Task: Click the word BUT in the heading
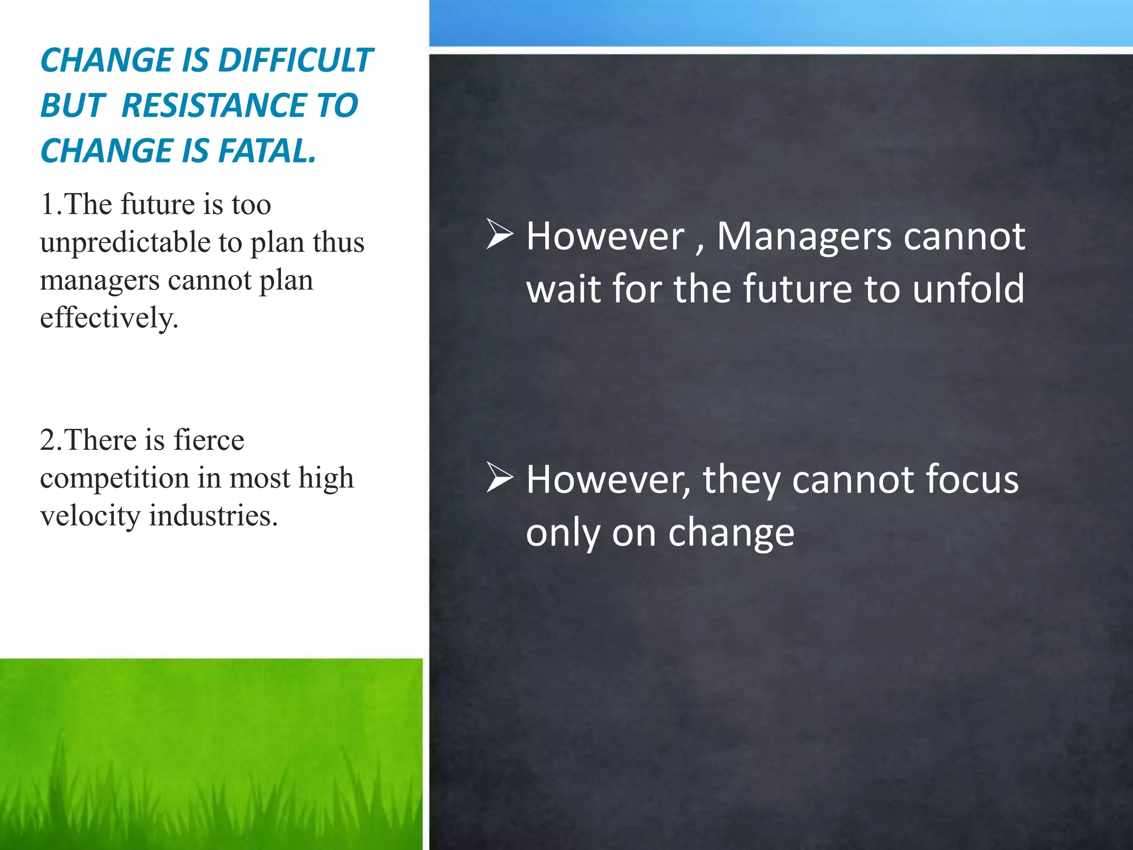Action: coord(72,106)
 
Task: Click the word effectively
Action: coord(109,318)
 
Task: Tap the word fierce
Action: coord(209,440)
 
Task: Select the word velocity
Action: coord(90,516)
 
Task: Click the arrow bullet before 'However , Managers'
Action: coord(500,234)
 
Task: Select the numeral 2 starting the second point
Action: coord(48,440)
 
